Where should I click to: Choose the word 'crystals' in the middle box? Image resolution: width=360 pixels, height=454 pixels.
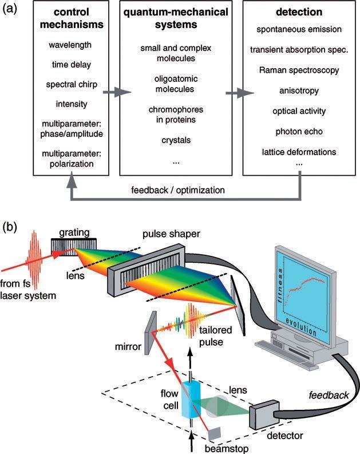click(x=175, y=139)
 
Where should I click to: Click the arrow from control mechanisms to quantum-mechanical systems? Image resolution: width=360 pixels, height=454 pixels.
click(x=113, y=90)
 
